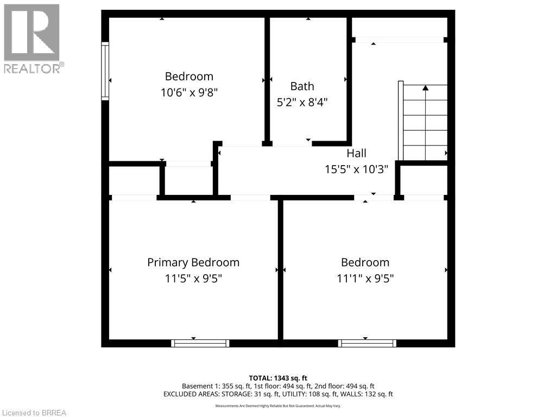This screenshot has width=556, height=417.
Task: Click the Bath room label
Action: [x=302, y=86]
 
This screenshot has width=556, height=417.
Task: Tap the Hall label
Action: [x=356, y=153]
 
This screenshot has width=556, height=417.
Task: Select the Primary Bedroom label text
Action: [x=193, y=262]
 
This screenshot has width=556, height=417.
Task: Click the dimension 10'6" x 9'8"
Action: [x=189, y=92]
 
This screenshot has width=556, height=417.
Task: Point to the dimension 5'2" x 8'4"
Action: [x=302, y=102]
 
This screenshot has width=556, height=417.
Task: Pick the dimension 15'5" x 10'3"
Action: [x=356, y=169]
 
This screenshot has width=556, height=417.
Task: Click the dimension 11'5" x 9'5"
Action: [x=193, y=279]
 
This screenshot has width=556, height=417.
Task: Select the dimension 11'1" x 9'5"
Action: [x=365, y=279]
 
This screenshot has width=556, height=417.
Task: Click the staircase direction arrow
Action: [x=426, y=87]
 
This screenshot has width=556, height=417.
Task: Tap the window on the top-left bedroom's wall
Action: [x=105, y=71]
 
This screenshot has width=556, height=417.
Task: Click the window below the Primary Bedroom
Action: [x=200, y=343]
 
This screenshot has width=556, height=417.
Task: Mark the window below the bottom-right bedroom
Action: [x=367, y=343]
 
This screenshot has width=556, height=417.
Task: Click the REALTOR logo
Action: [x=33, y=38]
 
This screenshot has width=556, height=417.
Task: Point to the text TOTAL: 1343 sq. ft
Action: [x=278, y=378]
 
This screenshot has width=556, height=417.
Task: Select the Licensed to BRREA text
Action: [x=34, y=413]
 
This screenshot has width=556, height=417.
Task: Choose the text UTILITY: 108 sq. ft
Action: [x=315, y=394]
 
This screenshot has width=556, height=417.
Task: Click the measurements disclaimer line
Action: [x=278, y=406]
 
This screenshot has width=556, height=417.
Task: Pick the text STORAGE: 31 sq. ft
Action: [x=255, y=394]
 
